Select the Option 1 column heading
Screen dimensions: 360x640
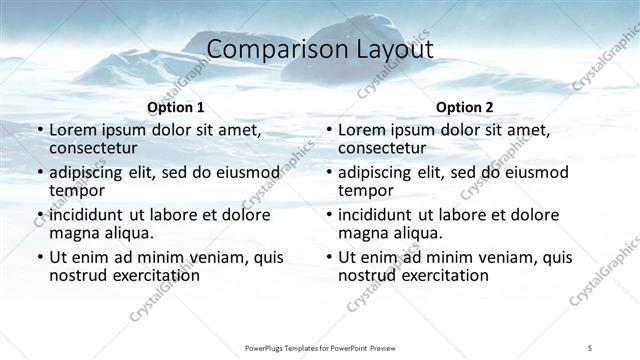pos(176,106)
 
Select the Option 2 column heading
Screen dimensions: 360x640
pos(464,106)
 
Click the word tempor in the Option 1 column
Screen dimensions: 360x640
pos(77,190)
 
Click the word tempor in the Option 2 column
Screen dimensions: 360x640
pos(365,190)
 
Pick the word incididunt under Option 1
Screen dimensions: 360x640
pos(93,215)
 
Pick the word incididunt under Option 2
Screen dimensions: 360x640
pos(381,215)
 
